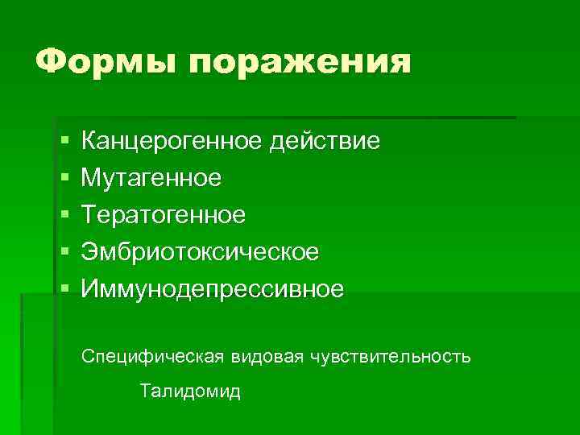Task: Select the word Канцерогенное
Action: [171, 142]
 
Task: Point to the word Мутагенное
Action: [151, 178]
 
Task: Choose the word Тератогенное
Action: [163, 215]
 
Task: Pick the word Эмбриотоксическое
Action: [200, 252]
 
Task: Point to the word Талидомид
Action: [190, 392]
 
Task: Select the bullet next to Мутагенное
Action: [64, 179]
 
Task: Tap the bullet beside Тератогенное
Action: [64, 216]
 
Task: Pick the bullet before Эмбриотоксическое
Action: [64, 253]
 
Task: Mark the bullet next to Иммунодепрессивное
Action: [64, 290]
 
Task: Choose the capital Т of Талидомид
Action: [145, 392]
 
